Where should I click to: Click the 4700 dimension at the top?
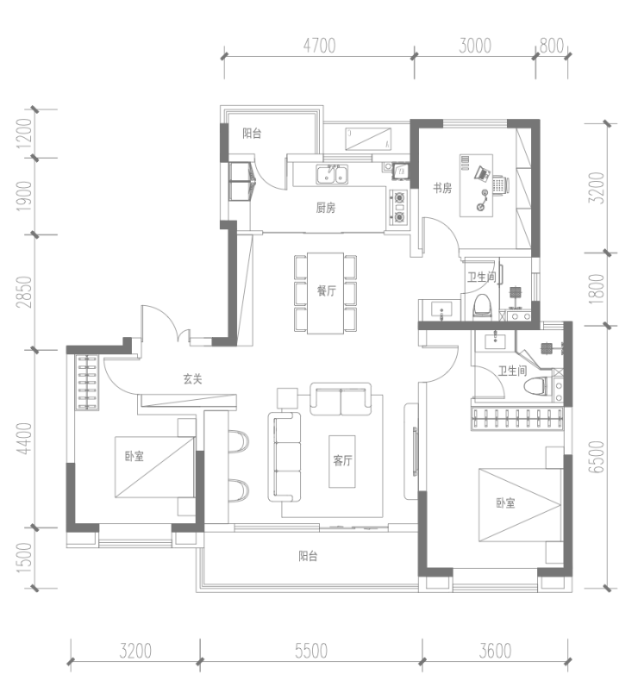coord(319,46)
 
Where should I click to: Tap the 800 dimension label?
coord(552,46)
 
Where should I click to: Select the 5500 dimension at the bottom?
coord(311,652)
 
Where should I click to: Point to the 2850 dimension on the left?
coord(24,292)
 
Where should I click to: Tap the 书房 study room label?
coord(442,188)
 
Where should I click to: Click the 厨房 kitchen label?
coord(326,208)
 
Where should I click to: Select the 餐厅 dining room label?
coord(327,290)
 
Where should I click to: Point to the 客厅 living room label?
coord(342,460)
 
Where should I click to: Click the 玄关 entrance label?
coord(192,379)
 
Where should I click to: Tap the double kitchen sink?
coord(332,174)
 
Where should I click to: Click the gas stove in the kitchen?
coord(399,207)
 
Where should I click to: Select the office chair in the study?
coord(500,184)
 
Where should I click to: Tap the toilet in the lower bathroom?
coord(536,386)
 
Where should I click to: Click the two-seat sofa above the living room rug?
coord(341,399)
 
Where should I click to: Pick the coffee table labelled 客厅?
coord(342,461)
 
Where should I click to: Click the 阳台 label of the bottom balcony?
coord(308,556)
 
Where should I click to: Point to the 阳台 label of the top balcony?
coord(252,134)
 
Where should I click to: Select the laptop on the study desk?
coord(482,173)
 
